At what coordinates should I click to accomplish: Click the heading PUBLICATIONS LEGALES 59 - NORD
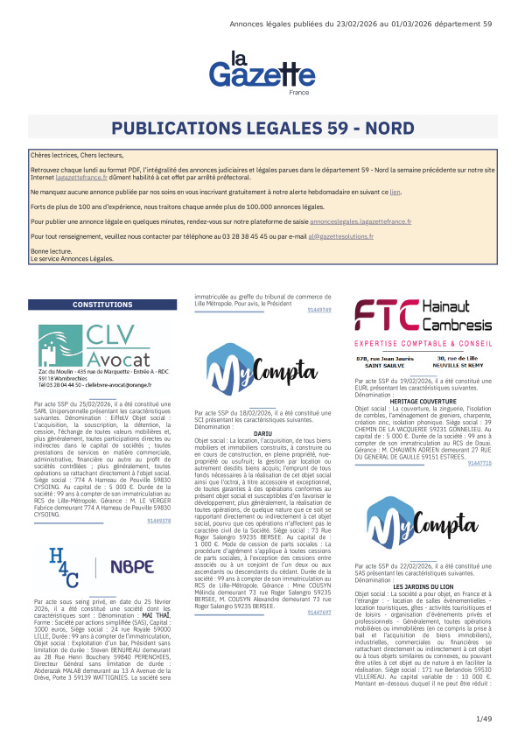click(x=262, y=127)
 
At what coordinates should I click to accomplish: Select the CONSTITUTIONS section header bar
click(x=97, y=305)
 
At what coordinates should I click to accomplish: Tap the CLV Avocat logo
click(x=97, y=347)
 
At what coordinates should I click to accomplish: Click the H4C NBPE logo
click(x=97, y=566)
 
